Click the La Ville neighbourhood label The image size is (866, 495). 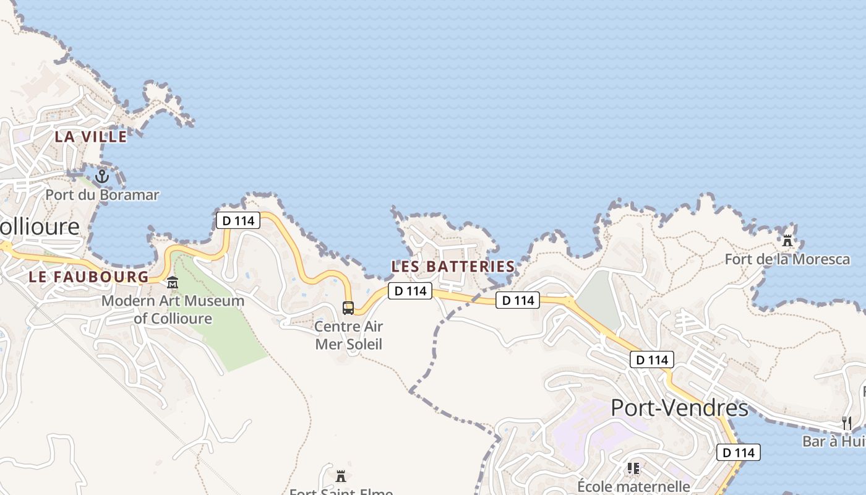[x=91, y=137]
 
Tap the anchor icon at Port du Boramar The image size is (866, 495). [x=101, y=176]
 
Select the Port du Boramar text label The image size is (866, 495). [x=102, y=195]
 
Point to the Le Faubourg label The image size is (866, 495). [x=89, y=277]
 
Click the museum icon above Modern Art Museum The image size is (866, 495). [x=173, y=283]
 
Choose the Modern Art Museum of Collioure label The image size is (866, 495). [x=173, y=310]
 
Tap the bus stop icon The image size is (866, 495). [x=348, y=308]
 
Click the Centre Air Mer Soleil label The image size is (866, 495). [x=348, y=335]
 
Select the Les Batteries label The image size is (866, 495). [x=453, y=267]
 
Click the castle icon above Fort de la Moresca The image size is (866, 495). [x=787, y=239]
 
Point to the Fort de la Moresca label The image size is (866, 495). [x=787, y=259]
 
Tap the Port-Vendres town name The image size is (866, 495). [x=679, y=408]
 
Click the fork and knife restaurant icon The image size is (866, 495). [x=847, y=423]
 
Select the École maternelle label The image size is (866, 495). [x=633, y=486]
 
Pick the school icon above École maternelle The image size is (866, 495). [x=633, y=468]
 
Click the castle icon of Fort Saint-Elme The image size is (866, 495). [x=340, y=476]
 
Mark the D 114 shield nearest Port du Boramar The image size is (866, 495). [x=238, y=220]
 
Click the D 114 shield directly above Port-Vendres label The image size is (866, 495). [x=652, y=359]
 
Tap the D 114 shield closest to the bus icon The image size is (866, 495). [x=409, y=291]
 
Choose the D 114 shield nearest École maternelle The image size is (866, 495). [x=739, y=452]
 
